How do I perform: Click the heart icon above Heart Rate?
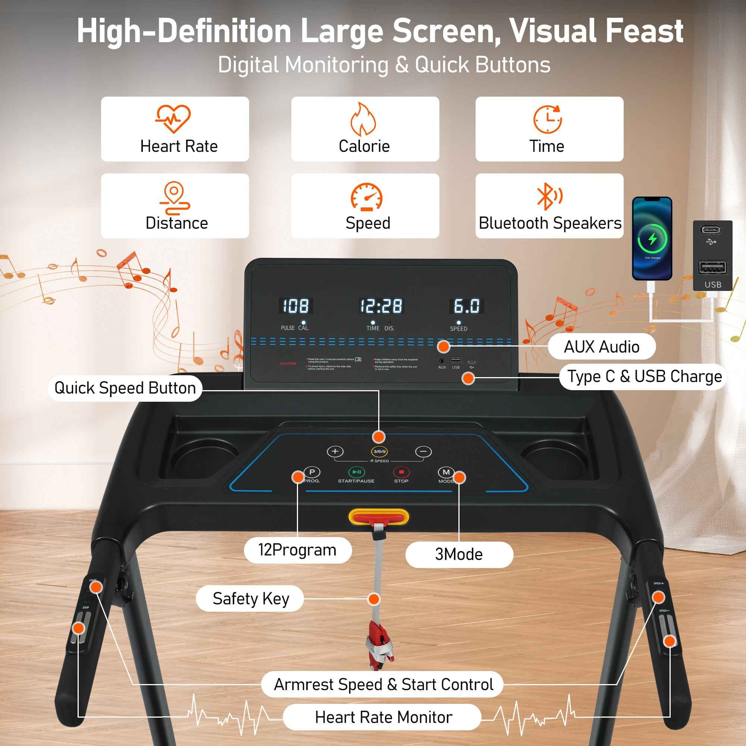point(173,118)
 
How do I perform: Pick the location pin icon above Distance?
point(175,197)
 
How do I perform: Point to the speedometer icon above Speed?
point(366,197)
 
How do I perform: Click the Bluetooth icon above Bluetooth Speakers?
point(549,197)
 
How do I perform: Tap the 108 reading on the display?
point(296,306)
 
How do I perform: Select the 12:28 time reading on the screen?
point(381,306)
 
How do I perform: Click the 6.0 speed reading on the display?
point(467,306)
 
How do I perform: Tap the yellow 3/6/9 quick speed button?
point(379,451)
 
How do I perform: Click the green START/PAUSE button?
point(356,472)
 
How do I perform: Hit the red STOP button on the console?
point(401,472)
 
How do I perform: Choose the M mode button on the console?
point(446,472)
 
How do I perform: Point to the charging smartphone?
point(652,239)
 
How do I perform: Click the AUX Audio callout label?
point(601,347)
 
